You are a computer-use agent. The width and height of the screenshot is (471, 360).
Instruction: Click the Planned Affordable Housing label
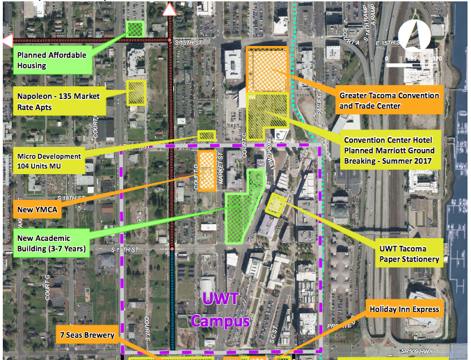pos(42,61)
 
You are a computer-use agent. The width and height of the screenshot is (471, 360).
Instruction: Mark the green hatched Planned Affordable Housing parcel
pos(135,29)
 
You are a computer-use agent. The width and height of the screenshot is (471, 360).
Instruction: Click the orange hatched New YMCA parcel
pos(206,166)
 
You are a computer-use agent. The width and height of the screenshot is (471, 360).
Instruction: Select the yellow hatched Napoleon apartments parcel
pos(136,92)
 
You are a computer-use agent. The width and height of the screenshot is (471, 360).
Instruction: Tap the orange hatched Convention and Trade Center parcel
pos(269,70)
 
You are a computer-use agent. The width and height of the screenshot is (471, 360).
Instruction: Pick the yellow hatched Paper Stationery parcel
pos(276,204)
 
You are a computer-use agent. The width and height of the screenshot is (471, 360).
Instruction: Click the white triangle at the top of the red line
pos(170,9)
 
